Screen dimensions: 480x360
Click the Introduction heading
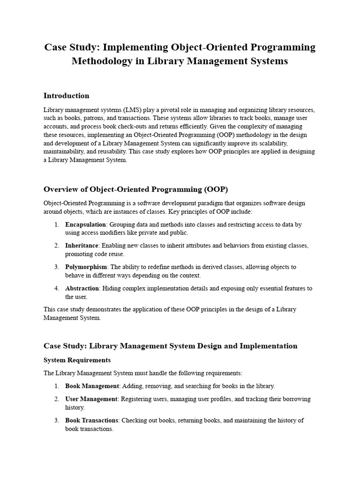[x=66, y=96]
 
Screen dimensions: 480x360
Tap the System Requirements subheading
[x=77, y=360]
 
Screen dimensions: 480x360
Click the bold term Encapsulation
[x=85, y=225]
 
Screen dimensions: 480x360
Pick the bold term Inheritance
[x=82, y=246]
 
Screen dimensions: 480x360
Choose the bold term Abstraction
[x=82, y=288]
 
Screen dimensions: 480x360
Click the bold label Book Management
[x=92, y=386]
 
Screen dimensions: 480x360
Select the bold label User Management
[x=91, y=399]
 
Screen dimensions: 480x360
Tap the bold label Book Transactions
[x=92, y=420]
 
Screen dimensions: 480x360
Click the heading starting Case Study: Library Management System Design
[x=170, y=346]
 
